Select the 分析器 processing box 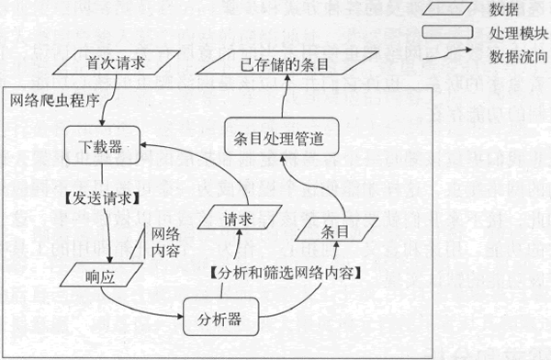[219, 319]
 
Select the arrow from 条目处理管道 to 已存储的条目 [284, 98]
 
